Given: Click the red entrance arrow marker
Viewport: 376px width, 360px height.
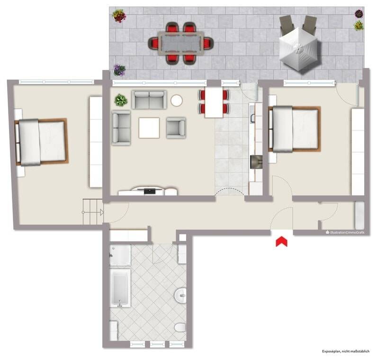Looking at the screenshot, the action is click(x=281, y=242).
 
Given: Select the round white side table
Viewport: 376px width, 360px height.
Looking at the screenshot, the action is click(x=177, y=100).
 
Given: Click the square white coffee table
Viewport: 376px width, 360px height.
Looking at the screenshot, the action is click(x=149, y=128).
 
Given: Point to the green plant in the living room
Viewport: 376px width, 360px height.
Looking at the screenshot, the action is click(x=121, y=100).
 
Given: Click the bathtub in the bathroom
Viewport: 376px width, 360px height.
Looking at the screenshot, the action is click(x=120, y=288).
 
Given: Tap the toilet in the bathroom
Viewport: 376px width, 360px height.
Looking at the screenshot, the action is click(x=180, y=328).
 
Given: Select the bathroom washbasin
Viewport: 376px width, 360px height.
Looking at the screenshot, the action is click(x=181, y=296).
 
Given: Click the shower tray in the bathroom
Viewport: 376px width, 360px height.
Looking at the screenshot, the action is click(x=120, y=255).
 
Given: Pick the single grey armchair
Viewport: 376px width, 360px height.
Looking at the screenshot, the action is click(x=176, y=128).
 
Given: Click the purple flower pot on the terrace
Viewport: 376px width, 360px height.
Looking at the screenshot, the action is click(x=119, y=70).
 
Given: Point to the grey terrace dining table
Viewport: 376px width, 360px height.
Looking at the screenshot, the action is click(x=180, y=44).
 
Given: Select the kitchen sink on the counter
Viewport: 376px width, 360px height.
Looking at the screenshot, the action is click(x=253, y=116).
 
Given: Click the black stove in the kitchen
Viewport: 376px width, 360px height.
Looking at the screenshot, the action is click(x=256, y=162).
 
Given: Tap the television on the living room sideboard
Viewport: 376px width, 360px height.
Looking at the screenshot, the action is click(x=150, y=191).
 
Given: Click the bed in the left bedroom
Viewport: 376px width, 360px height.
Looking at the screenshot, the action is click(x=41, y=142).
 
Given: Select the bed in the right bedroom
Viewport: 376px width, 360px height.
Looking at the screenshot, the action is click(x=295, y=129).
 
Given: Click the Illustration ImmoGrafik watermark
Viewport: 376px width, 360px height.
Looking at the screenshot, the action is click(x=345, y=233).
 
